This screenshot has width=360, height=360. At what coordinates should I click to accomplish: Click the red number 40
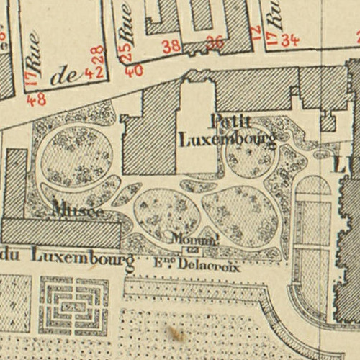133,71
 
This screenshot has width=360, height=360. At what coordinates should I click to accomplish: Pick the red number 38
171,47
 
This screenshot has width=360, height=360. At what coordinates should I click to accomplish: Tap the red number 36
215,42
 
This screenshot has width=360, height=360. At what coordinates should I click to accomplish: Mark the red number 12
254,31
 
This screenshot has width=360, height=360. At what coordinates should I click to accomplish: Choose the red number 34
289,40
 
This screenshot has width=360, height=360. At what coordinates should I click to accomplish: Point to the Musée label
78,210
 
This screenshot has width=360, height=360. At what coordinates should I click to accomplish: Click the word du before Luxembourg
10,256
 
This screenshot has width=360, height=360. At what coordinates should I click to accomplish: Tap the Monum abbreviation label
194,238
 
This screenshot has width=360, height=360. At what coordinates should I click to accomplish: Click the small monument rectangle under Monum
193,250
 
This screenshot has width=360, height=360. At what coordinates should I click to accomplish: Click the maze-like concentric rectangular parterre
74,306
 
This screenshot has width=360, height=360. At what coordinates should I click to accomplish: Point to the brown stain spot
174,333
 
